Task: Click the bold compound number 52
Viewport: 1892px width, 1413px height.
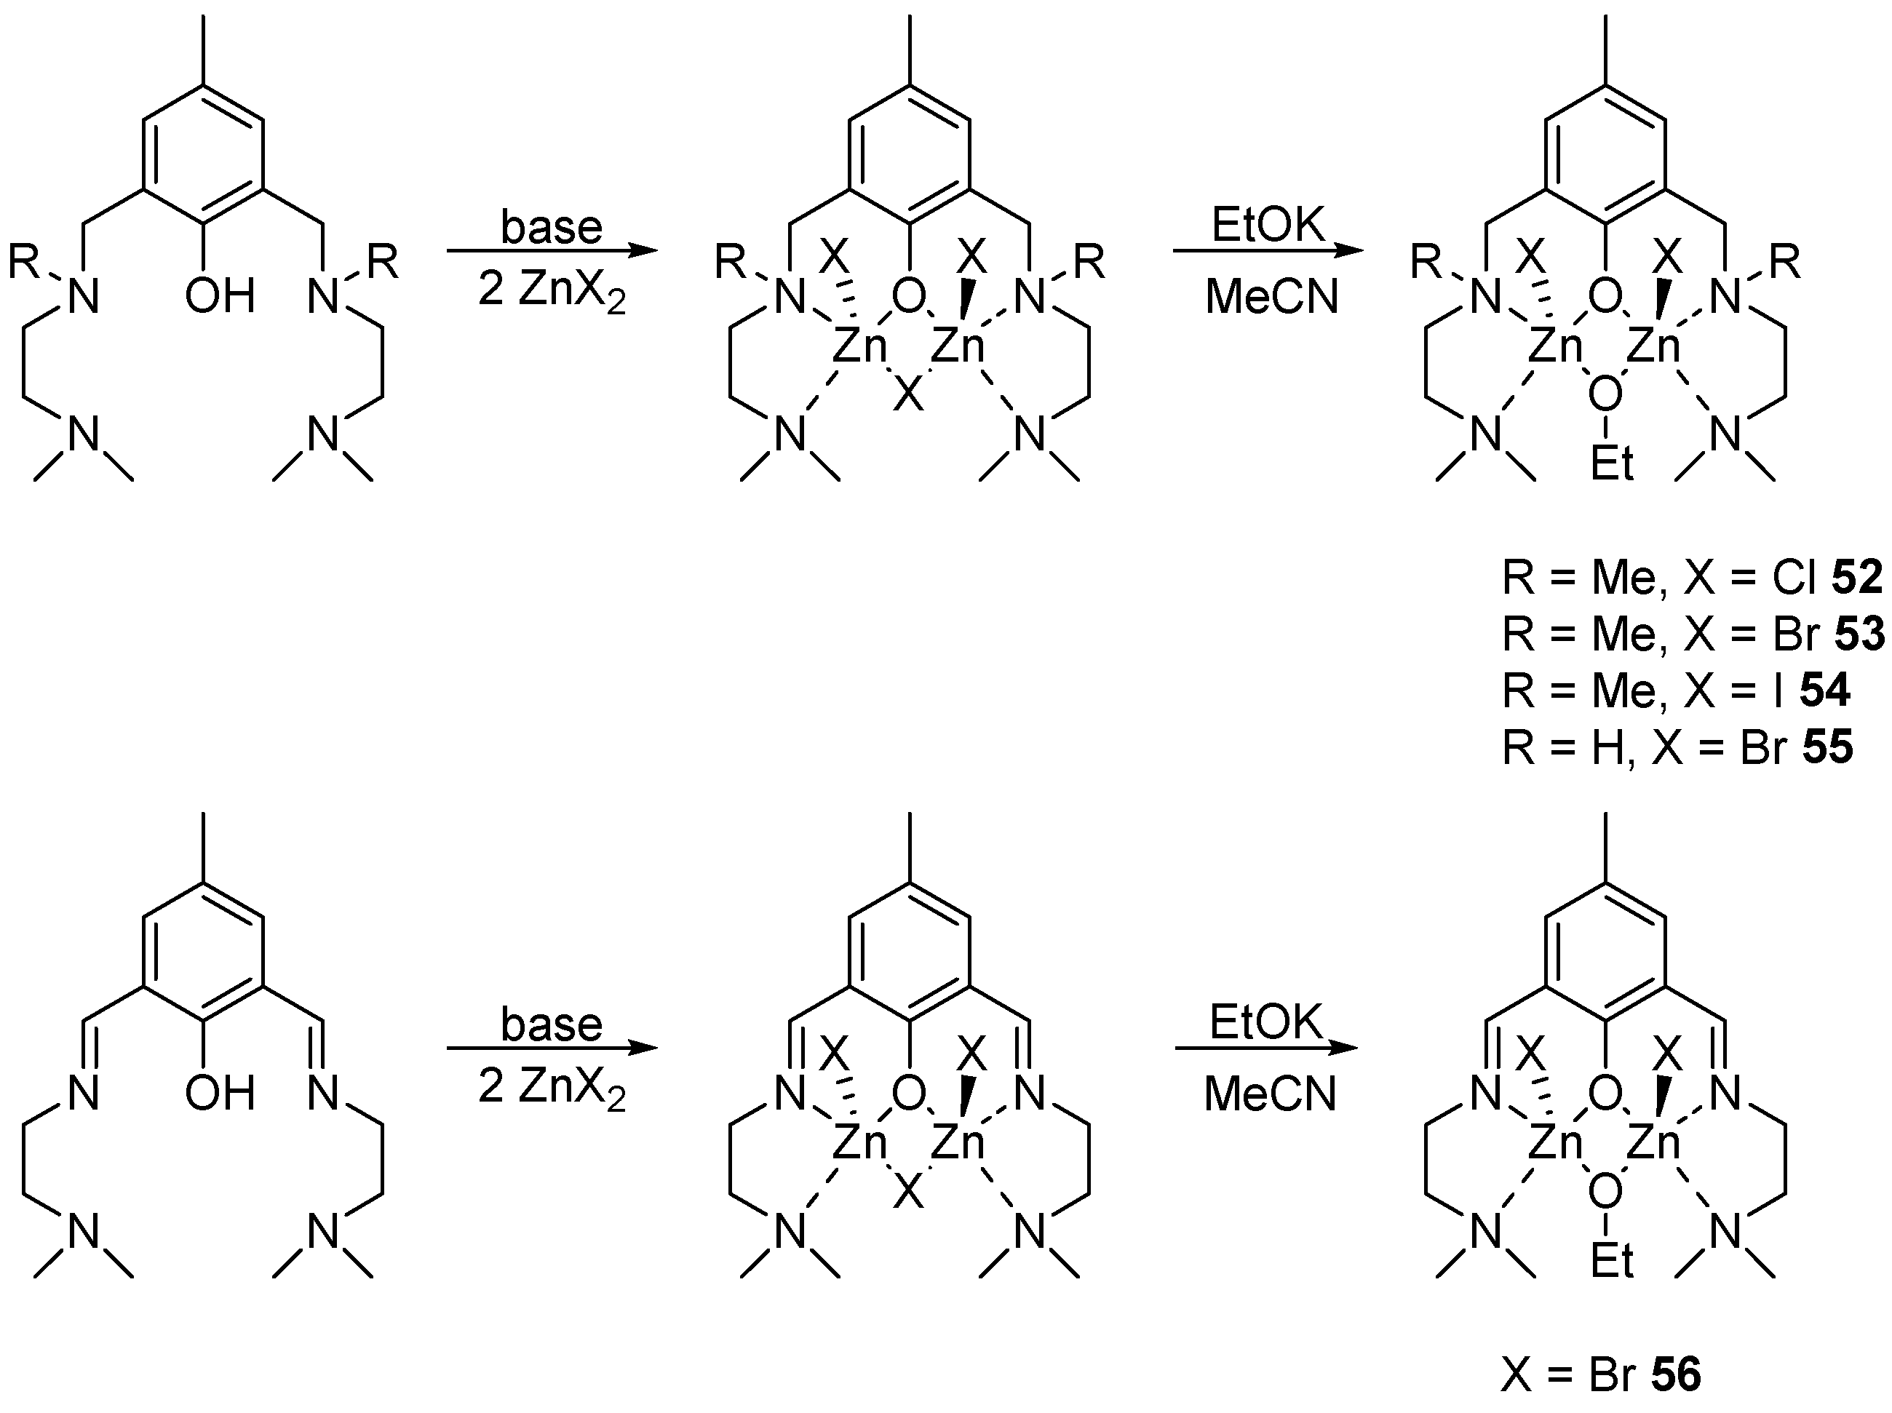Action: click(x=1857, y=579)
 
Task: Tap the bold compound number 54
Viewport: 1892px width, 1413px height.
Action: click(x=1824, y=690)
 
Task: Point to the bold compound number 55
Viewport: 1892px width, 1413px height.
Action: click(x=1828, y=747)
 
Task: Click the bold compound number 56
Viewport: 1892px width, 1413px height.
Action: click(x=1677, y=1376)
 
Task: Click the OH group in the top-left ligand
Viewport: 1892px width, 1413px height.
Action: click(x=220, y=296)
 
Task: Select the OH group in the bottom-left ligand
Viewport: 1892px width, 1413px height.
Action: click(x=220, y=1092)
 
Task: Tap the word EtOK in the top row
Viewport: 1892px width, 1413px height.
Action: click(x=1268, y=226)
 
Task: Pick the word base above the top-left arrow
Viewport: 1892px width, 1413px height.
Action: click(x=552, y=228)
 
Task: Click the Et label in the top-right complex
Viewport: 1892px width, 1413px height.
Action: click(x=1613, y=464)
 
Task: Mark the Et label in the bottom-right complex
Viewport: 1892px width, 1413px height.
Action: click(x=1613, y=1261)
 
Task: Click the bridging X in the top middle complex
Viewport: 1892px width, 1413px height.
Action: click(x=908, y=396)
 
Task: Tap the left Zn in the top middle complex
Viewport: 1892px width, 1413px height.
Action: click(x=859, y=348)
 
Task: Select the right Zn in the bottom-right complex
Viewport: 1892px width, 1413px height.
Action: click(x=1653, y=1144)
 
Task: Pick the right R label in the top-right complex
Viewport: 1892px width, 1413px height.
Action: click(x=1784, y=262)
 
